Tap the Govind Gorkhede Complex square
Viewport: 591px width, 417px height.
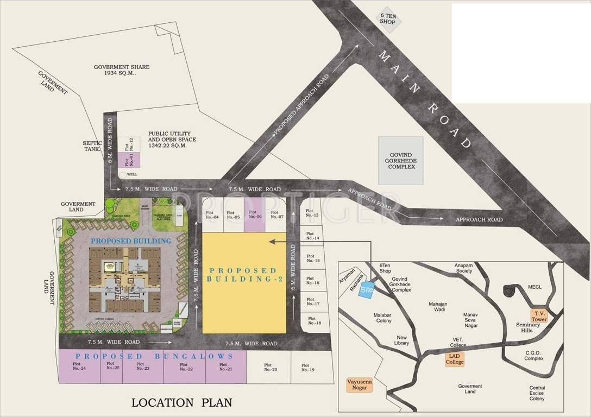tap(400, 159)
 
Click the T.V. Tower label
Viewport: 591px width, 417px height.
tap(539, 316)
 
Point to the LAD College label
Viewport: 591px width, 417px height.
tap(455, 359)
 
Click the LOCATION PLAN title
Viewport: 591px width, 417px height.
tap(182, 402)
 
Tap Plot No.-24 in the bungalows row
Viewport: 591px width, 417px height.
tap(79, 367)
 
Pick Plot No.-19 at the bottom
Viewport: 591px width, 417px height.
tap(309, 367)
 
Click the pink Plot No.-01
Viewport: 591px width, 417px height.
tap(129, 160)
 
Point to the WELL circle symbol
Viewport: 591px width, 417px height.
tap(123, 174)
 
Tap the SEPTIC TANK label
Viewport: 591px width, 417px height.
tap(92, 146)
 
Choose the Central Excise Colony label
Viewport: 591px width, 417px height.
tap(537, 393)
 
